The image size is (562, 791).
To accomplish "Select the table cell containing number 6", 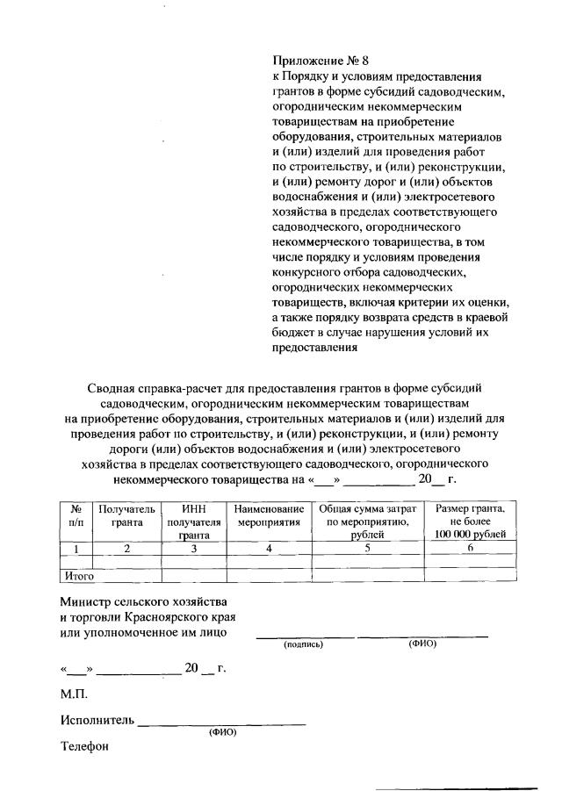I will pyautogui.click(x=470, y=549).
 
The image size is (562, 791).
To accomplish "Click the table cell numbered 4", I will pyautogui.click(x=270, y=549).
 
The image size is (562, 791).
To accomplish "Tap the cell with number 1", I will pyautogui.click(x=76, y=549).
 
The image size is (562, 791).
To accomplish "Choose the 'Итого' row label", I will pyautogui.click(x=76, y=576).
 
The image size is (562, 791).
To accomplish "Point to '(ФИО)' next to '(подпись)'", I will pyautogui.click(x=421, y=644).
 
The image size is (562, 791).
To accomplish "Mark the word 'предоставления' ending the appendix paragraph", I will pyautogui.click(x=315, y=346).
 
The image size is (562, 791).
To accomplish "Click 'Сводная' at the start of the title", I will pyautogui.click(x=112, y=387).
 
